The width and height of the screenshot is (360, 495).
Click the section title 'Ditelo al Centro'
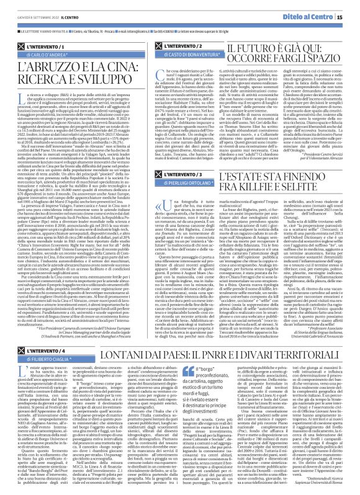[320, 7]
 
